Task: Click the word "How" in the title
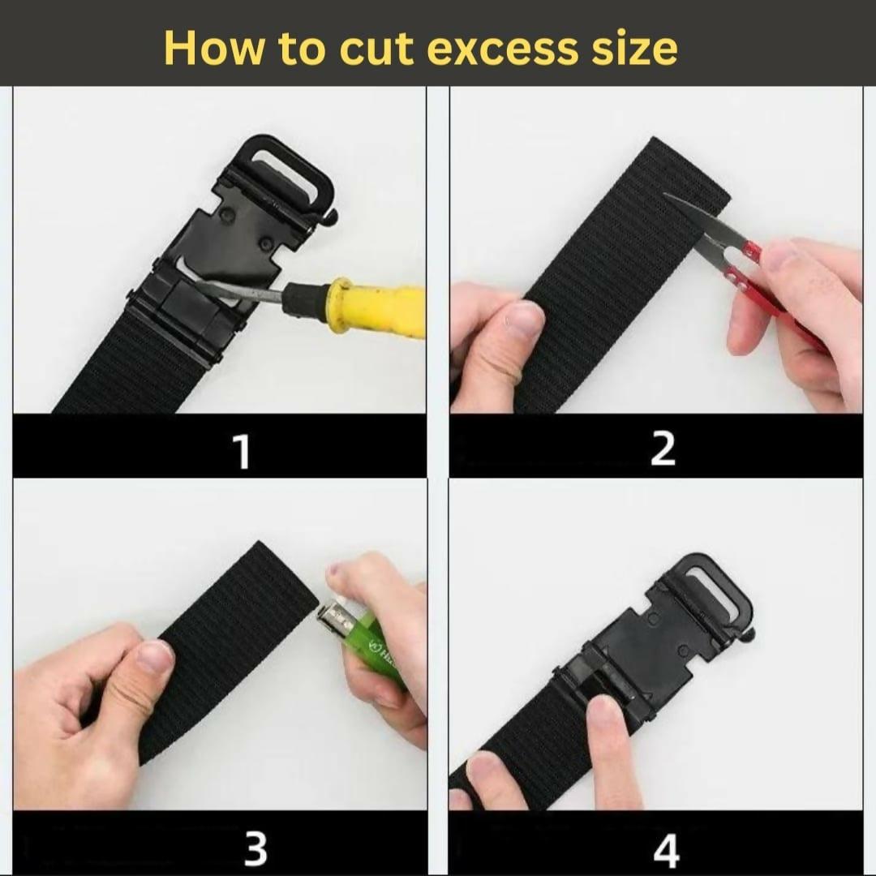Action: pyautogui.click(x=213, y=48)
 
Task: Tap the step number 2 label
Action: pyautogui.click(x=663, y=449)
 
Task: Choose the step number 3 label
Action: pyautogui.click(x=255, y=848)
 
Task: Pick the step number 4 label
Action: pyautogui.click(x=666, y=850)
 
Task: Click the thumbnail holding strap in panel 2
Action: pyautogui.click(x=522, y=319)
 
